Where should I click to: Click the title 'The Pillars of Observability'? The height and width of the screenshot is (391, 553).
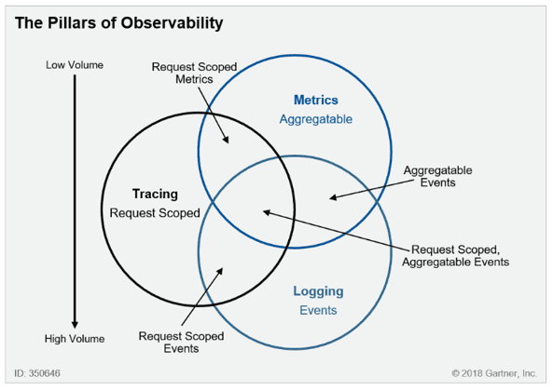pyautogui.click(x=118, y=23)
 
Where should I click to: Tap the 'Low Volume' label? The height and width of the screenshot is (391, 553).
pyautogui.click(x=75, y=65)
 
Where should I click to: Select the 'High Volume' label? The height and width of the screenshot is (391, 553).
pyautogui.click(x=75, y=339)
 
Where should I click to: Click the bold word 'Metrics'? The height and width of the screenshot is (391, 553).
pyautogui.click(x=315, y=100)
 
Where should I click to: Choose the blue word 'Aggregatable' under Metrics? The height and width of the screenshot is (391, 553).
pyautogui.click(x=315, y=119)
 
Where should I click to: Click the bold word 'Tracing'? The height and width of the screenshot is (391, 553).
pyautogui.click(x=155, y=194)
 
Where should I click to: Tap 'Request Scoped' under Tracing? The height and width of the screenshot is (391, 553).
pyautogui.click(x=155, y=213)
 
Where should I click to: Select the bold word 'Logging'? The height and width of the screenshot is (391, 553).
pyautogui.click(x=318, y=291)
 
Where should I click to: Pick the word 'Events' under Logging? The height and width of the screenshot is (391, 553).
pyautogui.click(x=318, y=310)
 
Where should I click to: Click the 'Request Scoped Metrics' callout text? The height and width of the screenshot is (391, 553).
pyautogui.click(x=194, y=73)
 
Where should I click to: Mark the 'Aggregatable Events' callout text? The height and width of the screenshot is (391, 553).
pyautogui.click(x=437, y=176)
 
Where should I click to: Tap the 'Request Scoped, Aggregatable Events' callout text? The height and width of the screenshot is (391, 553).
pyautogui.click(x=456, y=256)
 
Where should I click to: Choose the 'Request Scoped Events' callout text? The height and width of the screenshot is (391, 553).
pyautogui.click(x=181, y=343)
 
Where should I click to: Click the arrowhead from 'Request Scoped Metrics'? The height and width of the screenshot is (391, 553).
pyautogui.click(x=226, y=140)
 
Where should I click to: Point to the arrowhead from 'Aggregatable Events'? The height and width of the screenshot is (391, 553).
pyautogui.click(x=333, y=197)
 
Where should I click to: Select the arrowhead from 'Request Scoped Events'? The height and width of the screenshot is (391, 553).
pyautogui.click(x=220, y=271)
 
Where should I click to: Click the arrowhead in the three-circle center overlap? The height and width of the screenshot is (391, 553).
pyautogui.click(x=267, y=212)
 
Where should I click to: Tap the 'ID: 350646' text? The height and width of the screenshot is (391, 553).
pyautogui.click(x=37, y=373)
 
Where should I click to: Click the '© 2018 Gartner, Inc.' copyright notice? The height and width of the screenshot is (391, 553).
pyautogui.click(x=494, y=373)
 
